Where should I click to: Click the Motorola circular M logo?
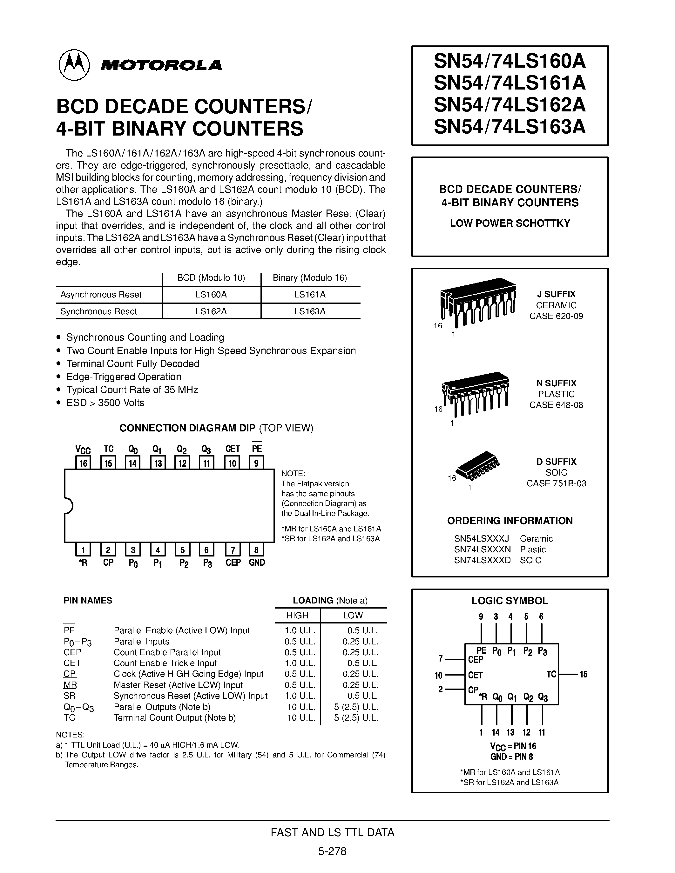click(74, 65)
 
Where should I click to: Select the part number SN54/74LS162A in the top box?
click(510, 105)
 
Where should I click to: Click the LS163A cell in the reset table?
click(310, 311)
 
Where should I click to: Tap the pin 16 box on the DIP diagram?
click(83, 463)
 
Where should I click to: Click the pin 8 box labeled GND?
click(256, 550)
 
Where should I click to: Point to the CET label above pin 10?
click(232, 449)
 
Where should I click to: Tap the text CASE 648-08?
click(556, 405)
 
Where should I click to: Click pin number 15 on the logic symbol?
click(584, 675)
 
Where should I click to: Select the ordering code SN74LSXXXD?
click(482, 560)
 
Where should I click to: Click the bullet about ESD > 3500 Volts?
click(105, 403)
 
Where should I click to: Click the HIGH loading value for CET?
click(300, 663)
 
